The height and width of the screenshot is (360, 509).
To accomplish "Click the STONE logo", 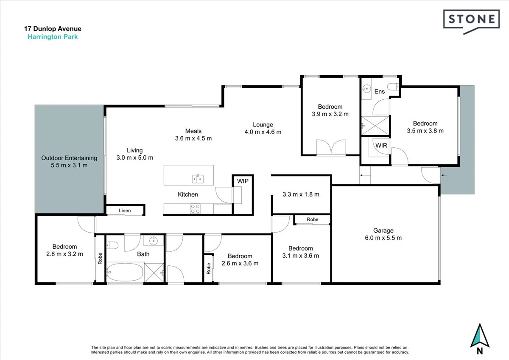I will tap(470, 20).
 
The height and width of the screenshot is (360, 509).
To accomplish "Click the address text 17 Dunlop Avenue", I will tap(53, 29).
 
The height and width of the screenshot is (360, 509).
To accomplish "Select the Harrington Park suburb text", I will tap(53, 37).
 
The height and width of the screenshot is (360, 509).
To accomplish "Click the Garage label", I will tap(383, 231).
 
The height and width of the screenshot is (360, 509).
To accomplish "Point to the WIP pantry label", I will tap(243, 181).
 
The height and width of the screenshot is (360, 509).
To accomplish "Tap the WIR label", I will tap(381, 145).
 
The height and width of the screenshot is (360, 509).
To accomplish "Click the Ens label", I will tap(379, 91).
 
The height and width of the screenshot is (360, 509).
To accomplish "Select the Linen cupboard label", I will tap(125, 211).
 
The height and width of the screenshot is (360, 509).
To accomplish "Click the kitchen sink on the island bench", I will tap(198, 179).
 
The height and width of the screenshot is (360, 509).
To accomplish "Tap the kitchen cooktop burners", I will tap(195, 208).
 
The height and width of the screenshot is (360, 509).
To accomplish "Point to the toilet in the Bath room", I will tap(112, 245).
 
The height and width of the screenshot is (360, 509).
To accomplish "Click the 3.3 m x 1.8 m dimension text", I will tap(301, 194).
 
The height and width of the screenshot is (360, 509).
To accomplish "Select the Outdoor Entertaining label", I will tap(69, 158).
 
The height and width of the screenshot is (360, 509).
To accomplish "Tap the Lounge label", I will tap(263, 124).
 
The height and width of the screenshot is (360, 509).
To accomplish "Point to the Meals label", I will tap(193, 131).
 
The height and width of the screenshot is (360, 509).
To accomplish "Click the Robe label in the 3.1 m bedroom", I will tap(313, 219).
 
